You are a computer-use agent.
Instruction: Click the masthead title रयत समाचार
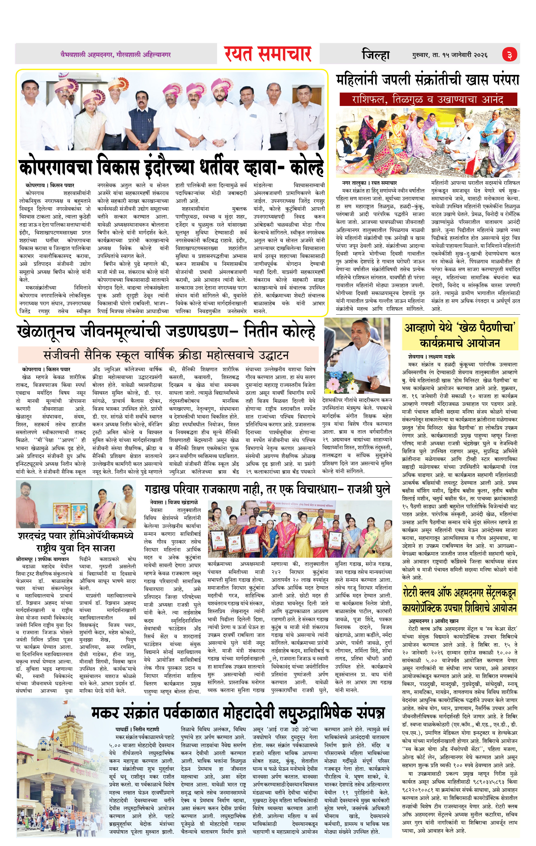pos(268,54)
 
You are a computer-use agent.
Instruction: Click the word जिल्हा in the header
pos(376,55)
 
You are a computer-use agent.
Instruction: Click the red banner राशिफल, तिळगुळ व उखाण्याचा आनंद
pos(428,99)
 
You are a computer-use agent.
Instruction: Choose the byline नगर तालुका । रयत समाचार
pos(370,183)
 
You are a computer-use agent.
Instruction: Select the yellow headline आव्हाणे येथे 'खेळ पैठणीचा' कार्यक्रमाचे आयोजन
pos(460,335)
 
